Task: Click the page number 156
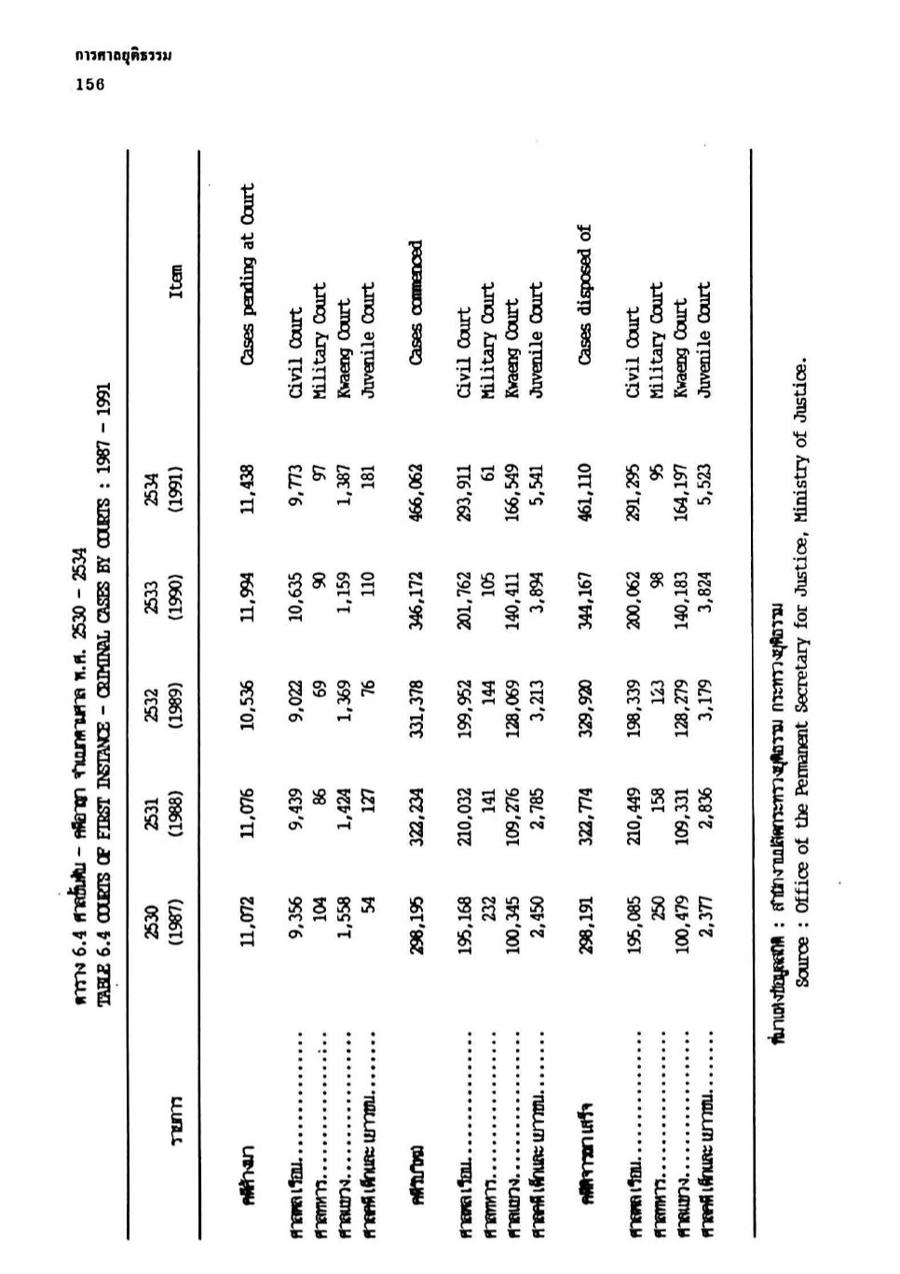pyautogui.click(x=89, y=84)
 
